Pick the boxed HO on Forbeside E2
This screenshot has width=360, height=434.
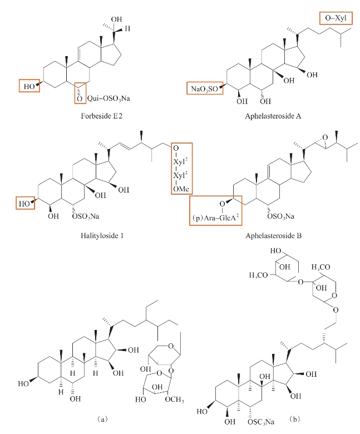(x=29, y=86)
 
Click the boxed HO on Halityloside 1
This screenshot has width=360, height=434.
(x=24, y=204)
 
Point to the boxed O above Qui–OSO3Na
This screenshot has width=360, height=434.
(x=79, y=98)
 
